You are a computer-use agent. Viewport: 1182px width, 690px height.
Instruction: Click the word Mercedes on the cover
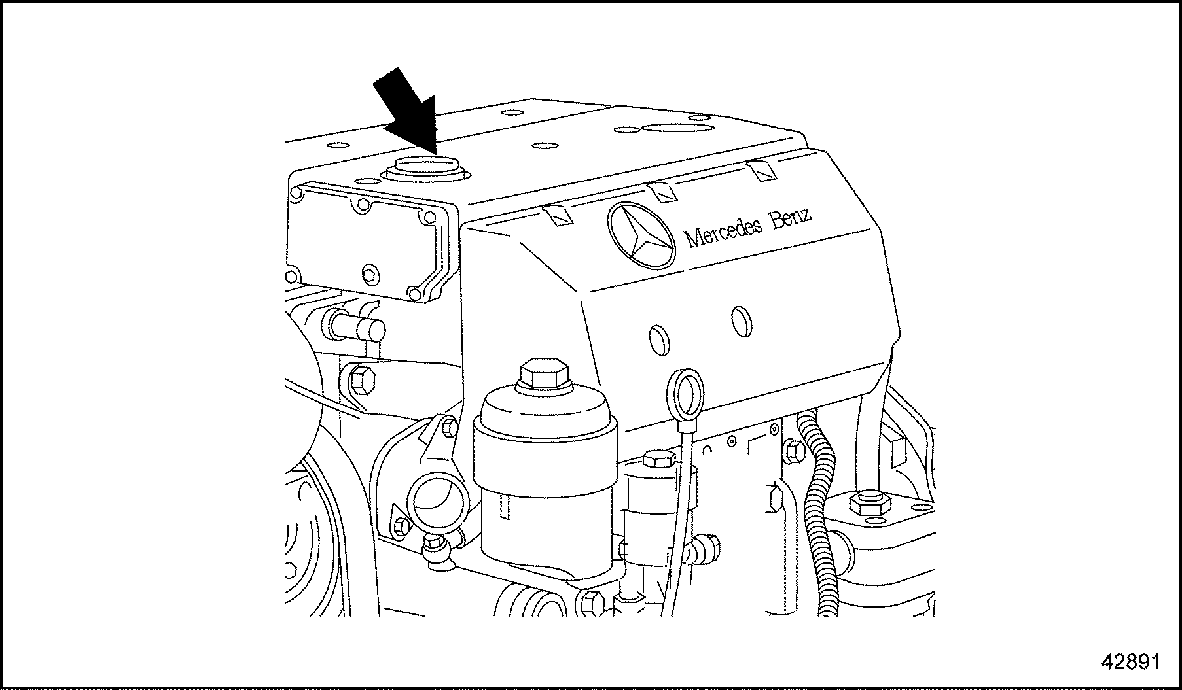point(723,232)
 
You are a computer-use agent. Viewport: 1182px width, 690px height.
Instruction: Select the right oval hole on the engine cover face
point(742,321)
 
